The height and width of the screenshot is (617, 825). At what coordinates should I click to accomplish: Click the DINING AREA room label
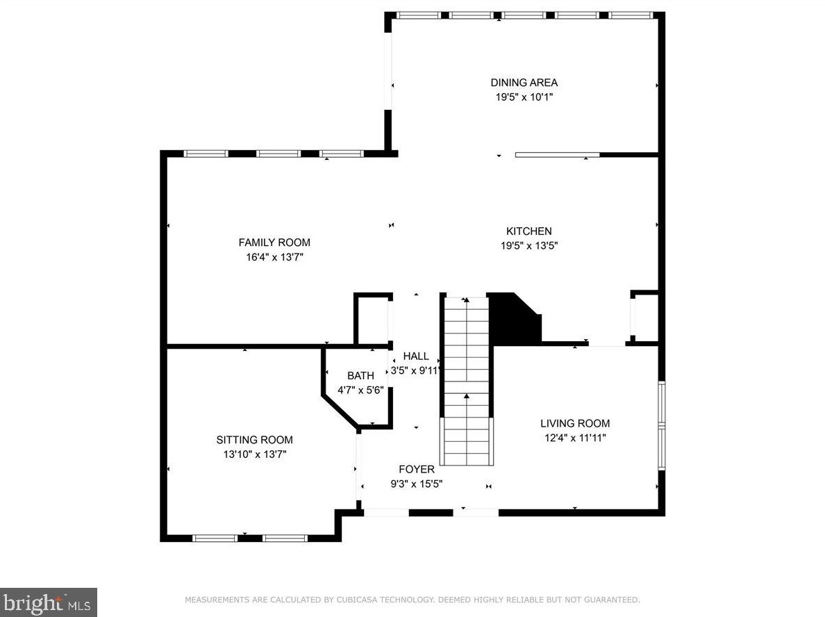click(x=524, y=83)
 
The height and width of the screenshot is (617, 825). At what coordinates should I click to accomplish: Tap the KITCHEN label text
click(x=528, y=231)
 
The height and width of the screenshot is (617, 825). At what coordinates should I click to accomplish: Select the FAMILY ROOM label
click(x=274, y=242)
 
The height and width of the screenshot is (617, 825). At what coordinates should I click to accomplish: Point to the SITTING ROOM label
click(x=255, y=440)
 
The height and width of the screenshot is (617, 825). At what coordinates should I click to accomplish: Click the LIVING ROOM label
click(x=575, y=423)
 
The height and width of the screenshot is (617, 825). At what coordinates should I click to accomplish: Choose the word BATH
click(x=360, y=376)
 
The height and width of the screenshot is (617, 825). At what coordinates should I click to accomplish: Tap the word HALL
click(x=416, y=356)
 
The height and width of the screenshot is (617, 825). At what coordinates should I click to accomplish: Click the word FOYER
click(x=417, y=470)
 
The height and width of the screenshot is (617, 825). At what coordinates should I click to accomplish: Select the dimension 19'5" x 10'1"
click(x=524, y=97)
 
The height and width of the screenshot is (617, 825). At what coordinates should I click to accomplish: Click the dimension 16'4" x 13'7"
click(x=274, y=258)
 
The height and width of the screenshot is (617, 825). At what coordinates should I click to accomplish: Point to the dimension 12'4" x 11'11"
click(x=575, y=438)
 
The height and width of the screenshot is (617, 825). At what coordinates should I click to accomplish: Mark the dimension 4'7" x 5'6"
click(x=360, y=390)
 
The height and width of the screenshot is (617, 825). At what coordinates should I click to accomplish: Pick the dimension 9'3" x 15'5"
click(x=417, y=484)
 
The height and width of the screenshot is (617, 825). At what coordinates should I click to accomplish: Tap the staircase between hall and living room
click(x=467, y=381)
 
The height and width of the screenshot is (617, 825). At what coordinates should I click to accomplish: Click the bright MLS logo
click(x=49, y=602)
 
